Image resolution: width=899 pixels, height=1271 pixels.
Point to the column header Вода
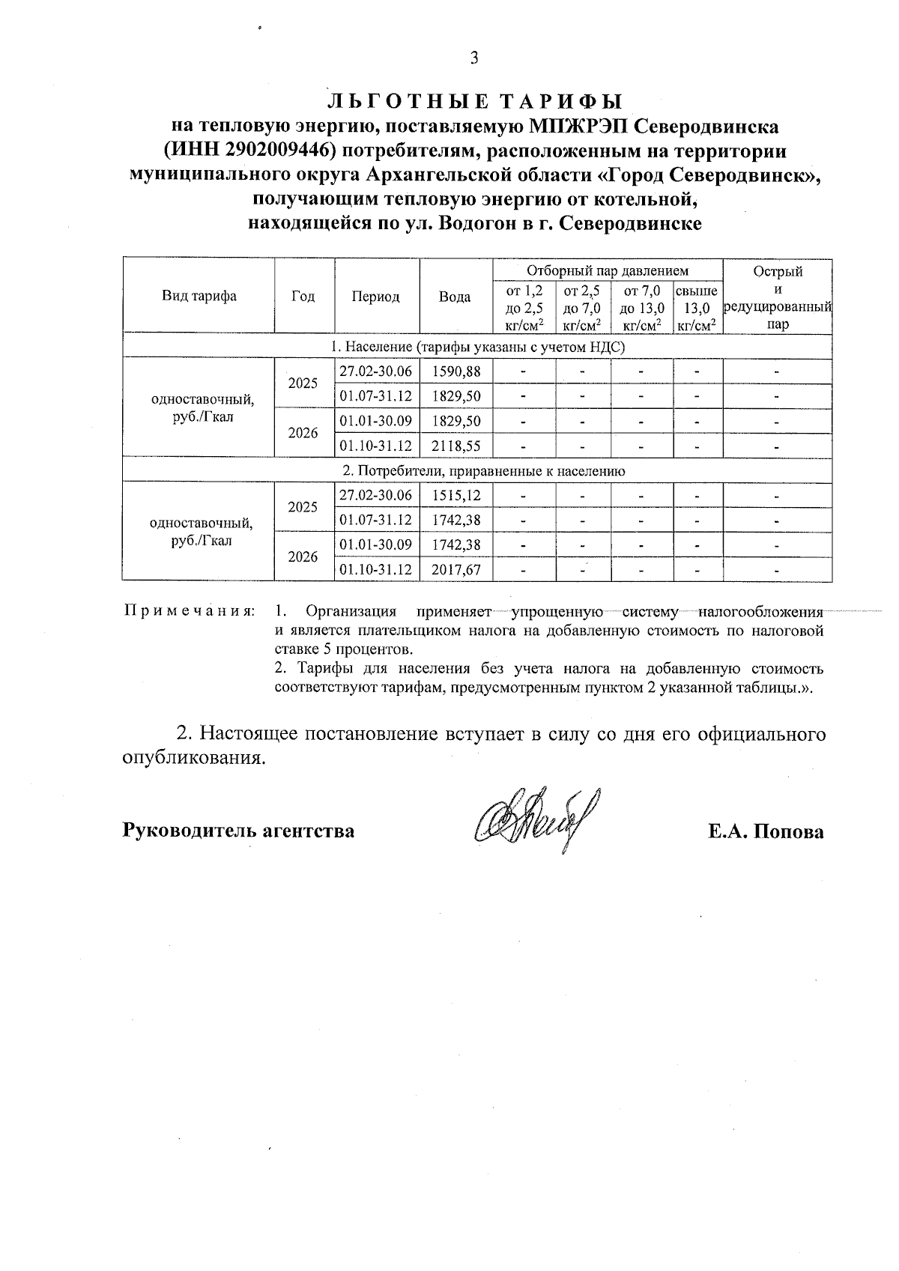pyautogui.click(x=455, y=297)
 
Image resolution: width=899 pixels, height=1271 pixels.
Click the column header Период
pyautogui.click(x=376, y=297)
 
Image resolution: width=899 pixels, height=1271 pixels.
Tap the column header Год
pyautogui.click(x=303, y=297)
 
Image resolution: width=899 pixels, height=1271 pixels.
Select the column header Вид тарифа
pyautogui.click(x=199, y=296)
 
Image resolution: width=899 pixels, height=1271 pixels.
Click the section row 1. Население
pyautogui.click(x=477, y=348)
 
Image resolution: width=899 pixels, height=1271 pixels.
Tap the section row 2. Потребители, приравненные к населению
pyautogui.click(x=477, y=471)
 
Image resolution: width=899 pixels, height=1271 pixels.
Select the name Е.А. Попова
pyautogui.click(x=766, y=831)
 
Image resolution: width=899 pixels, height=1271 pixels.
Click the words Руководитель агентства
pyautogui.click(x=238, y=831)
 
